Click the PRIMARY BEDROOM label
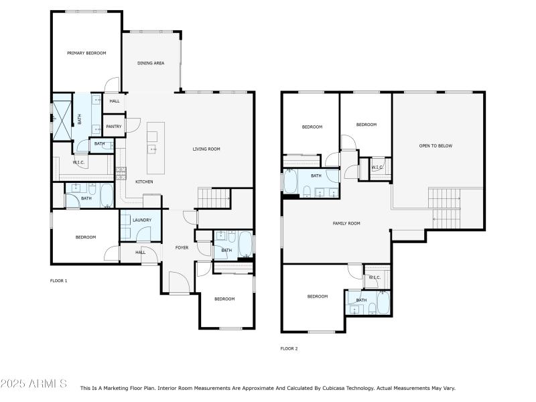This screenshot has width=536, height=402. (86, 53)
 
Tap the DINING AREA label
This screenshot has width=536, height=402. (151, 64)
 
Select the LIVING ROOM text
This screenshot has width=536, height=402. (206, 149)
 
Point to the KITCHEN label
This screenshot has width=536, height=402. (145, 182)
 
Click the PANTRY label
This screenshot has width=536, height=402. (113, 126)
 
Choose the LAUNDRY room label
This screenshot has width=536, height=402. (142, 220)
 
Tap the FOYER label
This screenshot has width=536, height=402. (182, 248)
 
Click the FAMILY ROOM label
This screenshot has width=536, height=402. (346, 223)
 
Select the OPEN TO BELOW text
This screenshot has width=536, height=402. (435, 145)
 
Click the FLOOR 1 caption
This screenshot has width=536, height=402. (59, 281)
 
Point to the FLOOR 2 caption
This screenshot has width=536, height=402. (289, 348)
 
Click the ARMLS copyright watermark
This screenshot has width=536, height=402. (33, 384)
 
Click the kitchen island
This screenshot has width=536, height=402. (155, 147)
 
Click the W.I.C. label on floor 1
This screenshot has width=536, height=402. (78, 162)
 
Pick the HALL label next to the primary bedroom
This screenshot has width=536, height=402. (115, 101)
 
